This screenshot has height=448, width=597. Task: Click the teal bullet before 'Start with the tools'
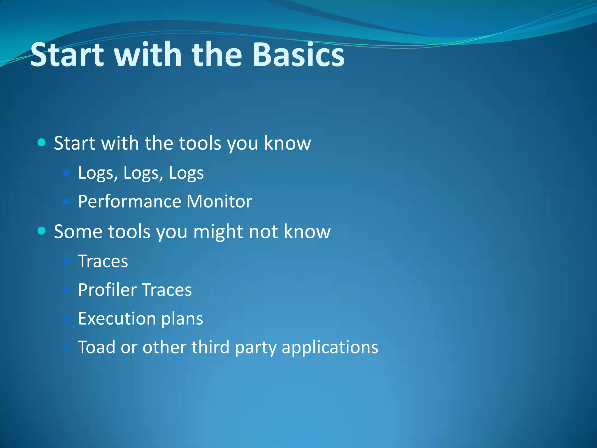pyautogui.click(x=42, y=143)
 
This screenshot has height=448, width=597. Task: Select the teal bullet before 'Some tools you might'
pyautogui.click(x=42, y=231)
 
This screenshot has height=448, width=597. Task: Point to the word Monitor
pyautogui.click(x=219, y=201)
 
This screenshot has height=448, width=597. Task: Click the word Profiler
pyautogui.click(x=107, y=290)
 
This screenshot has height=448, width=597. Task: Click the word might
pyautogui.click(x=218, y=232)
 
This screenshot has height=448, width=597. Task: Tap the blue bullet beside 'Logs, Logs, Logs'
pyautogui.click(x=66, y=173)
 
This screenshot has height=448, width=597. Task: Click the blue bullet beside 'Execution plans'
pyautogui.click(x=66, y=318)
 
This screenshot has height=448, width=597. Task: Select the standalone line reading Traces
pyautogui.click(x=103, y=261)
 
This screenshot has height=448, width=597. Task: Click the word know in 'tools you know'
pyautogui.click(x=287, y=143)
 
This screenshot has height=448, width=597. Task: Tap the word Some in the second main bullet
pyautogui.click(x=78, y=232)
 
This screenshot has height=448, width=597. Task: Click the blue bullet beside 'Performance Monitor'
pyautogui.click(x=66, y=201)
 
